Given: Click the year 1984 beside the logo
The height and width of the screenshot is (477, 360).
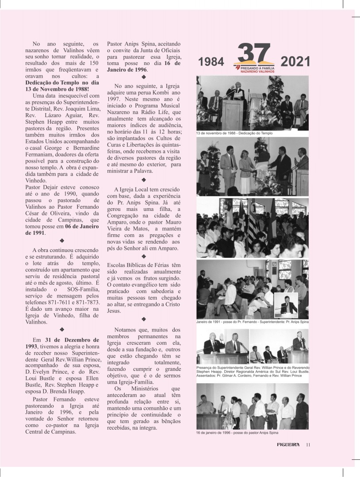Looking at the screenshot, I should [x=211, y=62].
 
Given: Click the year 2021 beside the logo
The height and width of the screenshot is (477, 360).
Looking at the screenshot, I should [x=295, y=62].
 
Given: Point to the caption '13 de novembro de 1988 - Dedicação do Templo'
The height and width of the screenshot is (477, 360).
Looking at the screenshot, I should [x=234, y=133].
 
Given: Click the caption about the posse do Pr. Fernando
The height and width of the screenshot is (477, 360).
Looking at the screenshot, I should [x=253, y=321].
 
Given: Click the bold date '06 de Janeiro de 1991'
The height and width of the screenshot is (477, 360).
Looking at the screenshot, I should [x=55, y=229].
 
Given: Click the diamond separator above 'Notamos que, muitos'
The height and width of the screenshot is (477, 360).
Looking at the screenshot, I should [x=143, y=319].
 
